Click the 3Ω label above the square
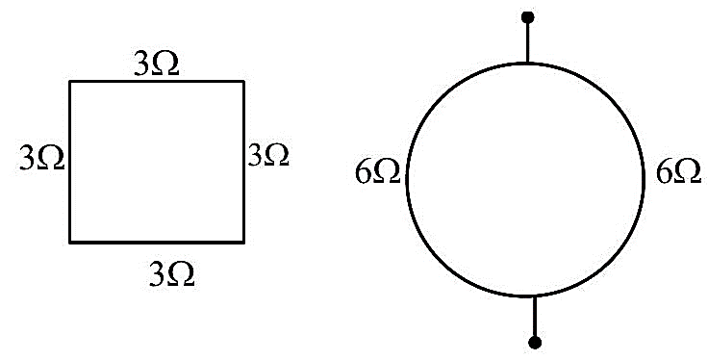tap(156, 65)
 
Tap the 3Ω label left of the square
tap(41, 159)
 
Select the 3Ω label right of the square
tap(268, 155)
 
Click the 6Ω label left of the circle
tap(377, 172)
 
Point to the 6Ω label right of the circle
tap(678, 172)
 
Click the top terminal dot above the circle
tap(527, 17)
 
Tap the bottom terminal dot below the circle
tap(535, 343)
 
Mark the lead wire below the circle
tap(535, 317)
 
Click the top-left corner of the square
tap(70, 82)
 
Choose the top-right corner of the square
tap(243, 82)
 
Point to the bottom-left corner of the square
tap(70, 243)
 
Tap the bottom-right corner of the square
tap(243, 243)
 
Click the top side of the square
tap(157, 82)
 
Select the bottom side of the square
tap(157, 243)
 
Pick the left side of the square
tap(70, 162)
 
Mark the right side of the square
tap(243, 162)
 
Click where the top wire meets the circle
tap(527, 64)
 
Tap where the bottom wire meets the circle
tap(535, 296)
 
